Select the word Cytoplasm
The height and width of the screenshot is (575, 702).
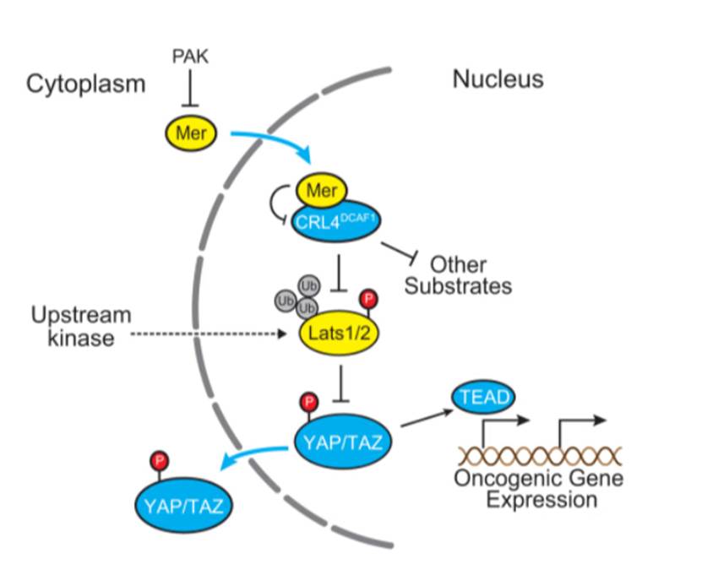click(86, 84)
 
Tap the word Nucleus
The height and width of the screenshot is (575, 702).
click(498, 80)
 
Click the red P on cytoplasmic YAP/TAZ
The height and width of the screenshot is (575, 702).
click(159, 461)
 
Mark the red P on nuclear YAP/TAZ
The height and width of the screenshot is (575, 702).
click(309, 399)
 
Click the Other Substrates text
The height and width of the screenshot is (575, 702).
click(458, 274)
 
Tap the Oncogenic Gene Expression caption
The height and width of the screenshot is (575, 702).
click(538, 489)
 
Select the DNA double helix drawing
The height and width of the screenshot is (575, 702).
click(539, 456)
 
